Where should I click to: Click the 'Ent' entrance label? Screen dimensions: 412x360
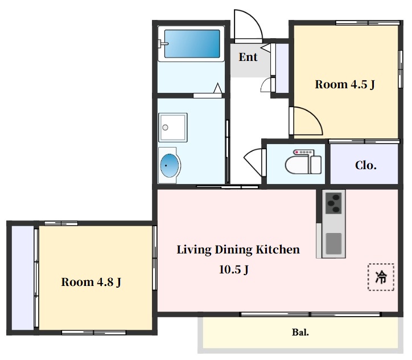(248, 57)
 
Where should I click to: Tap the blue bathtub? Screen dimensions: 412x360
(192, 44)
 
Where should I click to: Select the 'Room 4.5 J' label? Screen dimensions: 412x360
(345, 84)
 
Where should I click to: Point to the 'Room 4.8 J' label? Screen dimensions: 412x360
(91, 282)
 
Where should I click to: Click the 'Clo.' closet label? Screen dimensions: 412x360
(365, 165)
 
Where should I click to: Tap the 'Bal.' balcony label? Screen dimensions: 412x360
(300, 333)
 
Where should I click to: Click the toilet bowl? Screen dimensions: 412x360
(298, 165)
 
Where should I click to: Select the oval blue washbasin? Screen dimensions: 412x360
(170, 166)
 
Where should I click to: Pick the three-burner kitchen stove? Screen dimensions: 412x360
(333, 203)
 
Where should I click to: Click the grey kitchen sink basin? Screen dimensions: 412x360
(333, 243)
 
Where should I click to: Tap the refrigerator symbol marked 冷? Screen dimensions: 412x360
(381, 277)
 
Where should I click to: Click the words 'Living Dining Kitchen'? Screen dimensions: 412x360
(238, 250)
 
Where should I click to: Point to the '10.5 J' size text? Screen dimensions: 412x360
(233, 269)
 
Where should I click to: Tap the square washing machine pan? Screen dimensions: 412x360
(173, 128)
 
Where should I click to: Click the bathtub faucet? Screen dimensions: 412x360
(162, 44)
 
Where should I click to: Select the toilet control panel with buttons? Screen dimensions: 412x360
(303, 152)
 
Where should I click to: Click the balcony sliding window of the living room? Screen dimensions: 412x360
(311, 314)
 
